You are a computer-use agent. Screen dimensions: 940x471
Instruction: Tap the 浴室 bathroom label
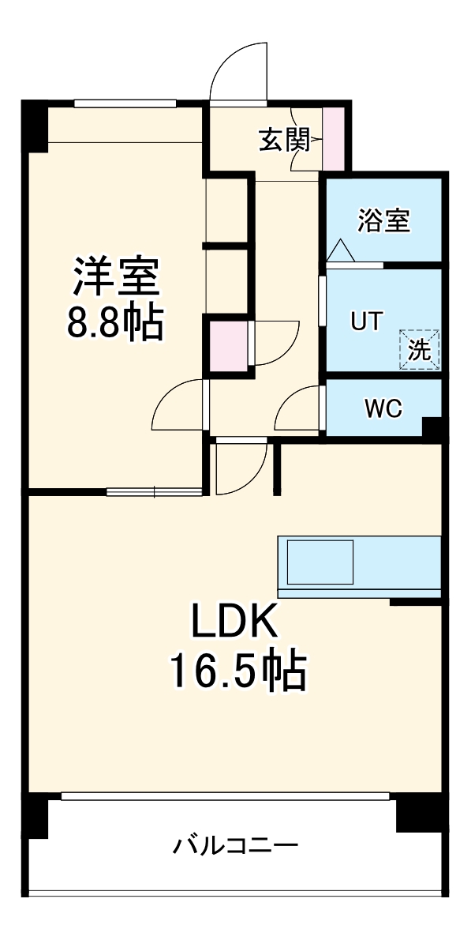(x=383, y=221)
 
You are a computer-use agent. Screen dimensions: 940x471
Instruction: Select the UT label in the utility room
(x=366, y=321)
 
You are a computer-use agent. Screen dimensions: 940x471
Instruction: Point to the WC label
(x=383, y=408)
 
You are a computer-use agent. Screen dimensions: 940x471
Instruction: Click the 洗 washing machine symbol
(x=420, y=349)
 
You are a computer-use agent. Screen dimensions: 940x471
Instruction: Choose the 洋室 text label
(x=117, y=276)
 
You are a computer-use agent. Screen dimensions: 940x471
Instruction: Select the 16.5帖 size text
(x=236, y=671)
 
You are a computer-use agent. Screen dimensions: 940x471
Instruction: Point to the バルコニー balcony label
(x=236, y=847)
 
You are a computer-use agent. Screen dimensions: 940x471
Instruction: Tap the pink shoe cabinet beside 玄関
(x=334, y=138)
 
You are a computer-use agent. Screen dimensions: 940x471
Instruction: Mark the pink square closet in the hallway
(x=227, y=345)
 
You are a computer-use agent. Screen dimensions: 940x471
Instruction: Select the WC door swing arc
(x=300, y=409)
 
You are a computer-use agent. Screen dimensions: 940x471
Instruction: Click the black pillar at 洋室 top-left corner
(x=34, y=126)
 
